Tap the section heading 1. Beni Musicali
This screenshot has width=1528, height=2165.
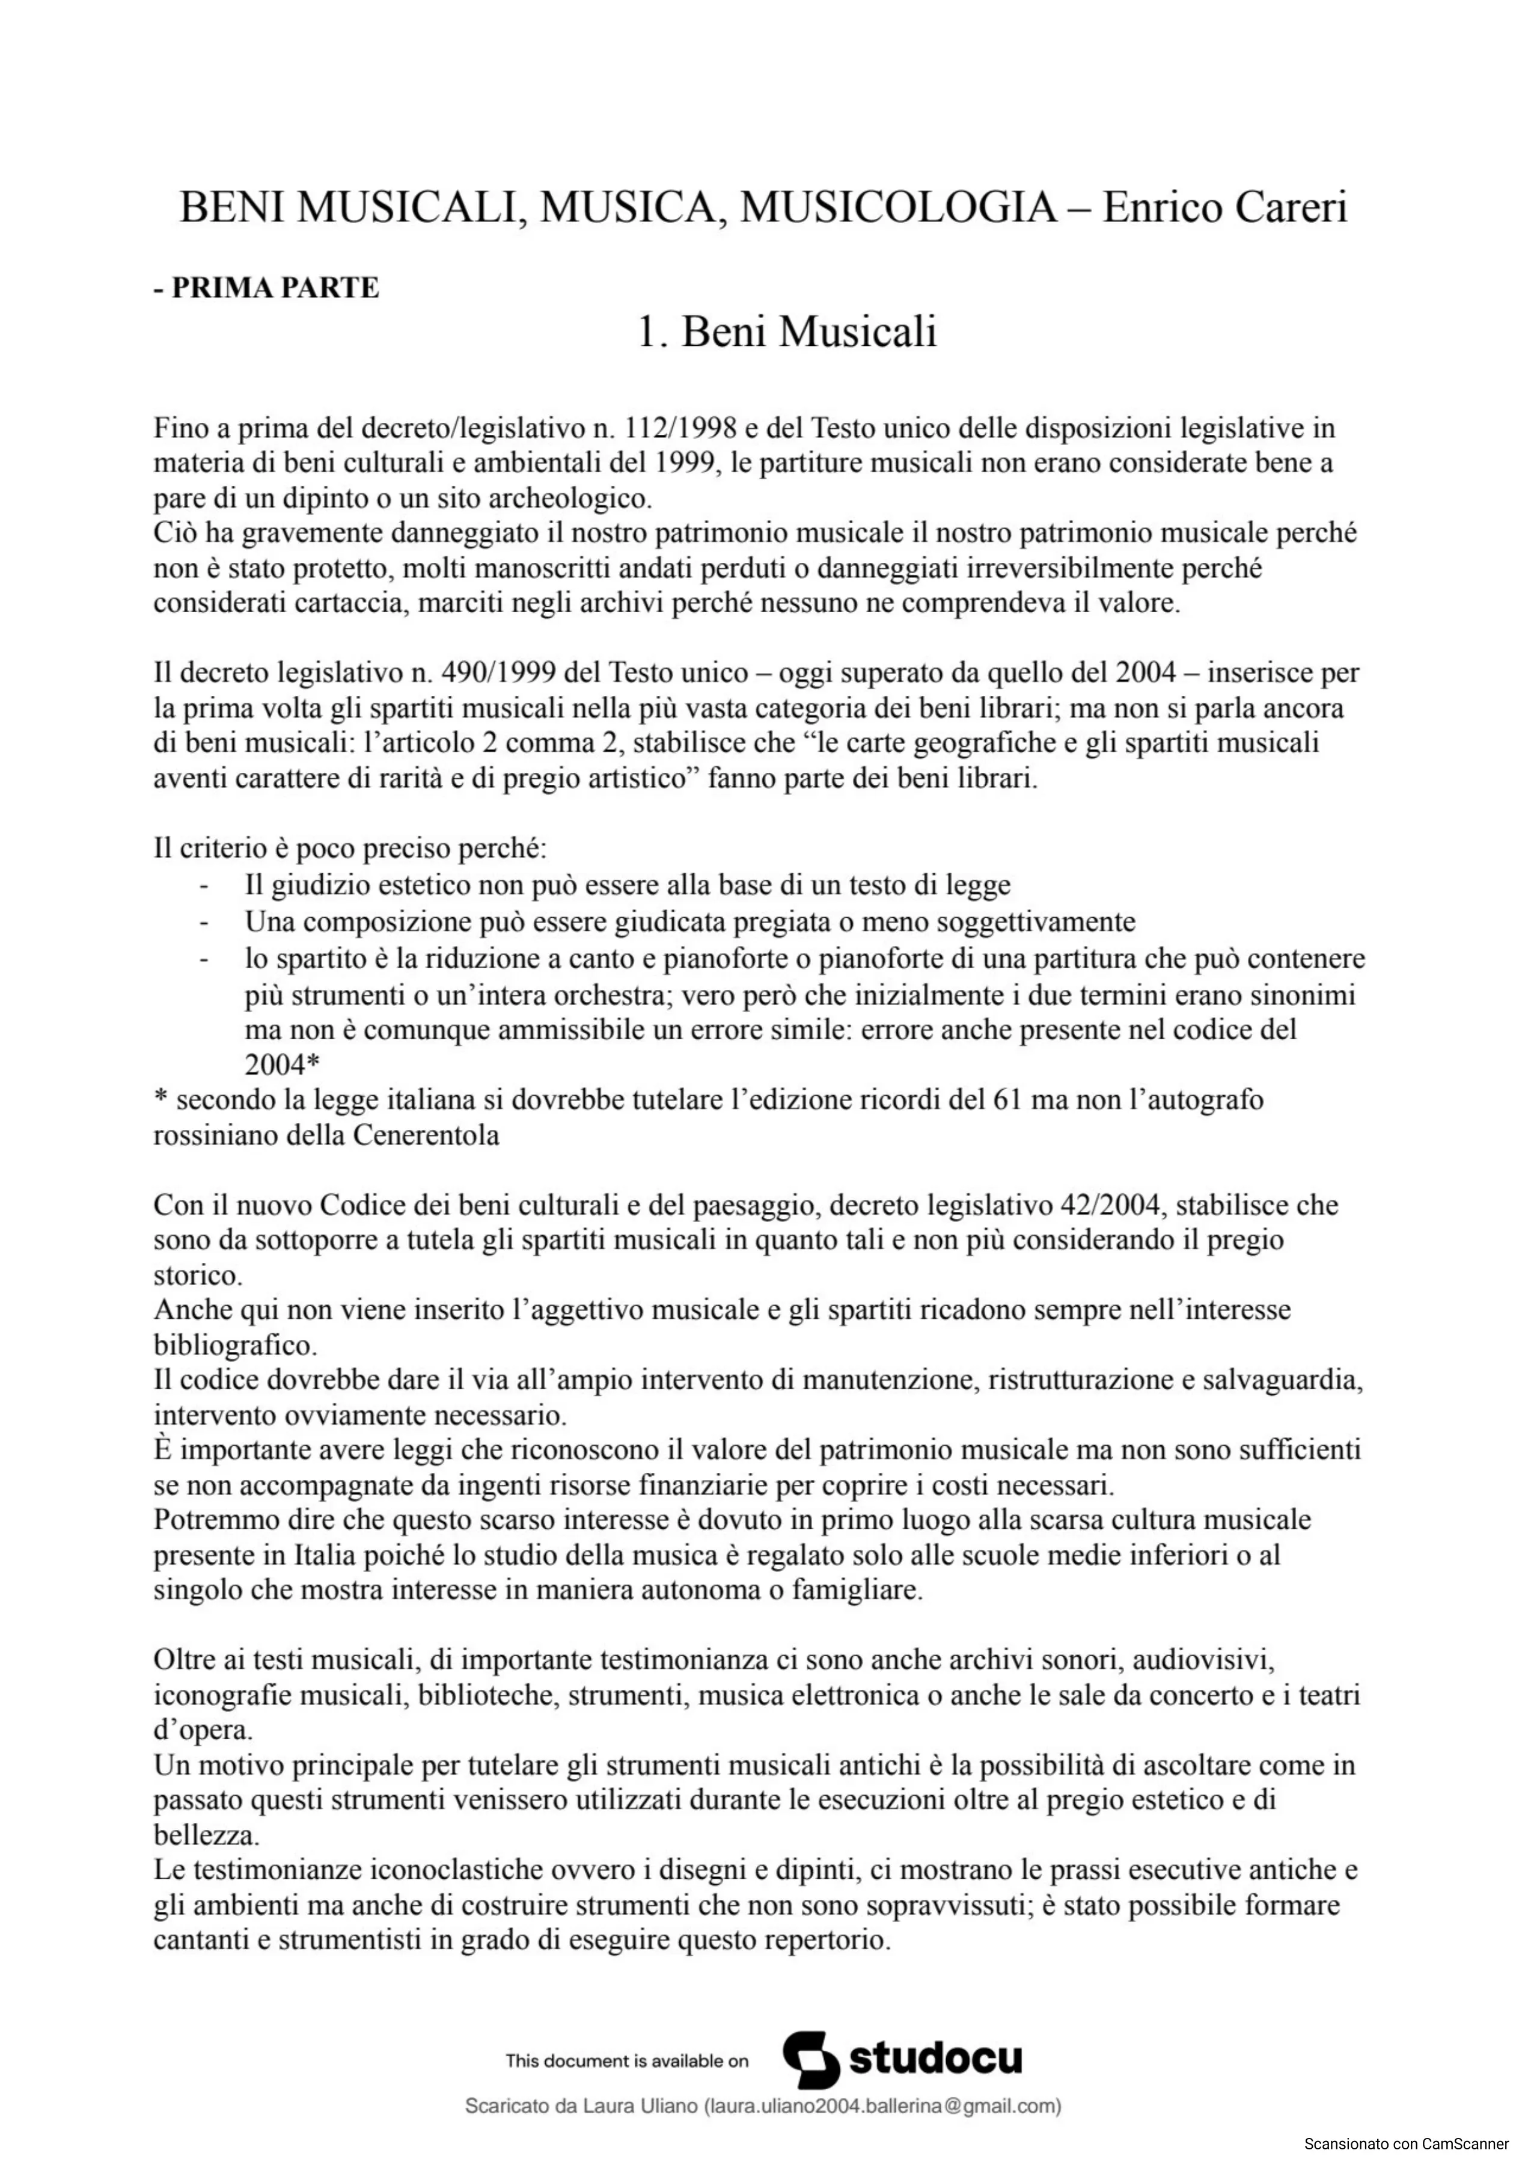(787, 332)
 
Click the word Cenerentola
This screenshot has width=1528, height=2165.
(426, 1135)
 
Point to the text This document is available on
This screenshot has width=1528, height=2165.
(627, 2062)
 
